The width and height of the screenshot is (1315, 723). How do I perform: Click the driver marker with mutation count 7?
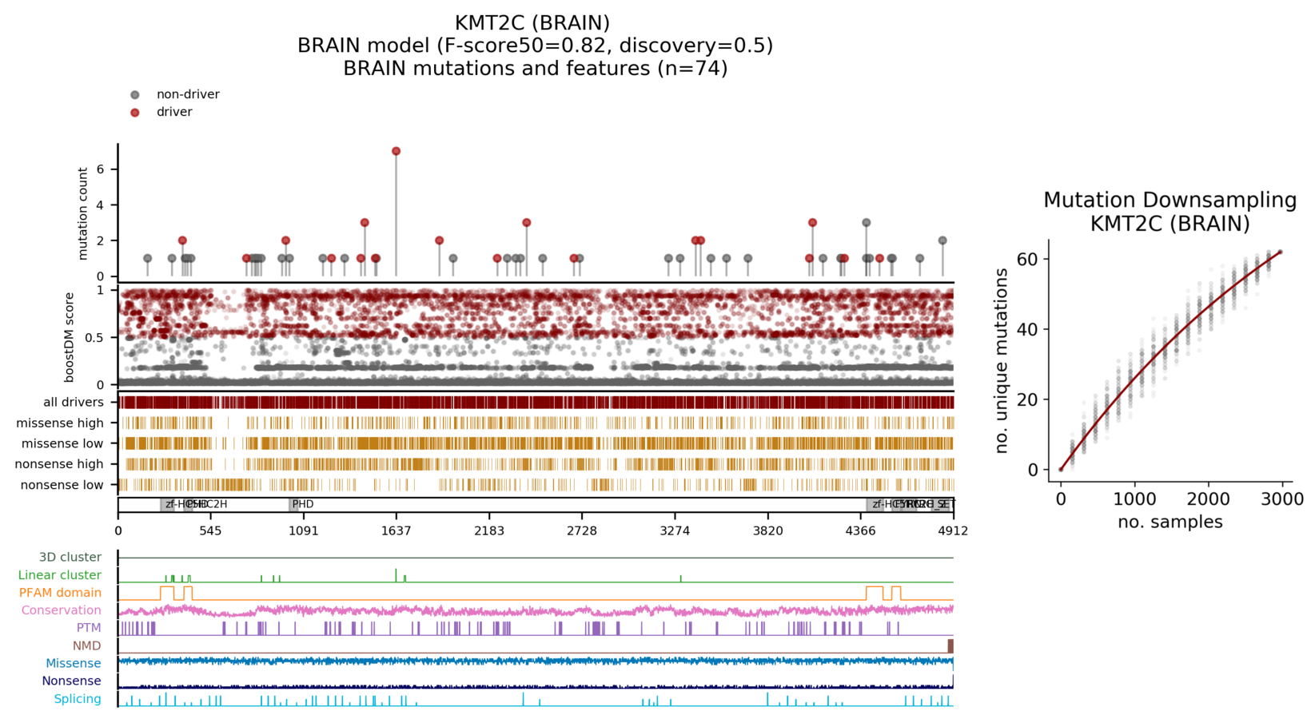tap(396, 151)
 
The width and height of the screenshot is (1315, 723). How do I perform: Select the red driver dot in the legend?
tap(135, 113)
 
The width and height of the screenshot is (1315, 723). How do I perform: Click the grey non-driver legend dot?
tap(135, 95)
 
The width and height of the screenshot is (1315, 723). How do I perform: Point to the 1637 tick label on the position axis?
tap(396, 531)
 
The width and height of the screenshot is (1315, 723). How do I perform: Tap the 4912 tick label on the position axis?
tap(952, 531)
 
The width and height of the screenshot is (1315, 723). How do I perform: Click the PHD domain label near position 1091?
tap(302, 504)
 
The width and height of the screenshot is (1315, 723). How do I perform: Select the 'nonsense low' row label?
tap(62, 485)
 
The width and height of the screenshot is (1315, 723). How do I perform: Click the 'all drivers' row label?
tap(73, 403)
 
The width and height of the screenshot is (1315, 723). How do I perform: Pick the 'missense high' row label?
tap(60, 423)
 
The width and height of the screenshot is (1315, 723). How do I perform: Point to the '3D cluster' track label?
tap(70, 558)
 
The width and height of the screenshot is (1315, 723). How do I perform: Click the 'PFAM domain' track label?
tap(60, 593)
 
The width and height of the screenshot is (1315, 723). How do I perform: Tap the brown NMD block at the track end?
tap(950, 646)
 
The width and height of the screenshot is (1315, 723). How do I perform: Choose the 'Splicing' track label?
tap(77, 699)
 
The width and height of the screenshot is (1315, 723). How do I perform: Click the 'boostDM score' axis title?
tap(70, 337)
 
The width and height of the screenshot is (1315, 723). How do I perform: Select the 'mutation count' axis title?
tap(83, 213)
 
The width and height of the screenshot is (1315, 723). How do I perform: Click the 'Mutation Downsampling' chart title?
tap(1170, 200)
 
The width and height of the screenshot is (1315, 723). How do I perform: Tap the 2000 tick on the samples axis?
tap(1208, 499)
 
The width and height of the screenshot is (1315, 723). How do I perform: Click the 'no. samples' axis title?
tap(1170, 522)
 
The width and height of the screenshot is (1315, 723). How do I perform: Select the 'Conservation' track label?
tap(61, 610)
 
